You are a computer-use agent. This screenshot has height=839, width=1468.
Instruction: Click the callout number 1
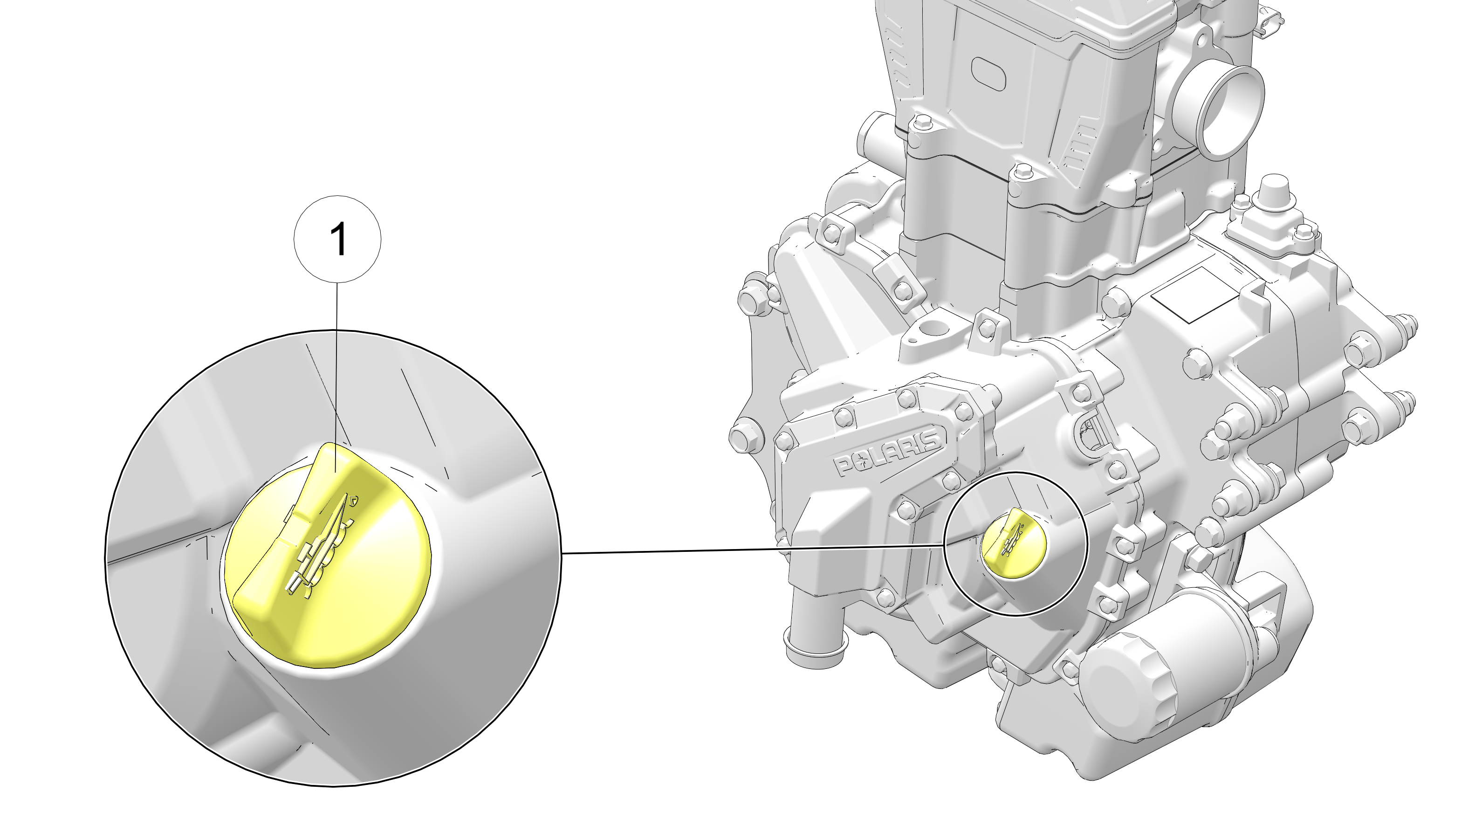339,239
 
